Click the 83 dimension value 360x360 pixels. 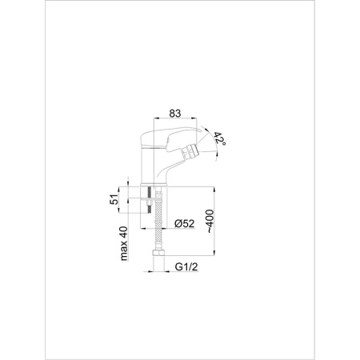pyautogui.click(x=175, y=114)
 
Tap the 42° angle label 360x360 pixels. pyautogui.click(x=220, y=138)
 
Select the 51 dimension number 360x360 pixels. pyautogui.click(x=114, y=199)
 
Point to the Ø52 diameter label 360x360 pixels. pyautogui.click(x=184, y=223)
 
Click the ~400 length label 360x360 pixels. pyautogui.click(x=210, y=221)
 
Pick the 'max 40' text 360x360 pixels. pyautogui.click(x=124, y=243)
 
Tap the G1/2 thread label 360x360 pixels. pyautogui.click(x=186, y=266)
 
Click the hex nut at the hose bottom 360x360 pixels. pyautogui.click(x=158, y=253)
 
